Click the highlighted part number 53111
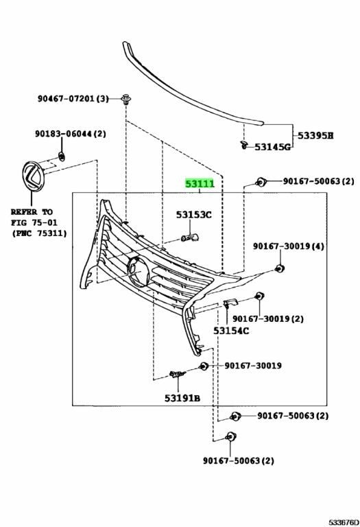(200, 184)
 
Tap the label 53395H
(315, 136)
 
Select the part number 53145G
(272, 147)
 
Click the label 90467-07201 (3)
(73, 99)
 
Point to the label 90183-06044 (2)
(71, 134)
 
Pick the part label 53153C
(194, 214)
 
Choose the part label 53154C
(231, 331)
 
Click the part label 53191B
(182, 398)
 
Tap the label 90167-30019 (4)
(289, 246)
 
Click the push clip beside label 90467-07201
(126, 99)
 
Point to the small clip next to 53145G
(244, 145)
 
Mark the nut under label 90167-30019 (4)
(279, 268)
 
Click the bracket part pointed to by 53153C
(190, 238)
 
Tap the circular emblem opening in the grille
(139, 272)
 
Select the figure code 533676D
(344, 522)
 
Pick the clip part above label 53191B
(178, 373)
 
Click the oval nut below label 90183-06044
(62, 156)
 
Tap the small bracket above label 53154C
(230, 303)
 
